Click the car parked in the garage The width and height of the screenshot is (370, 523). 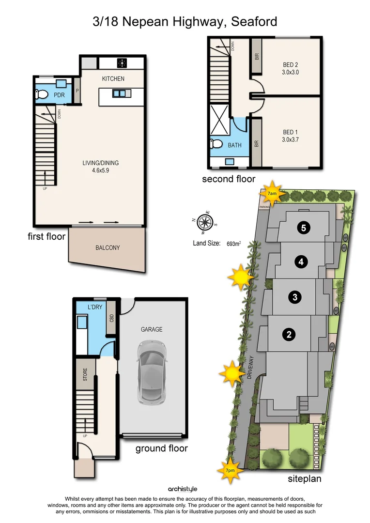click(152, 371)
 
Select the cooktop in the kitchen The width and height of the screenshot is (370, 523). click(122, 63)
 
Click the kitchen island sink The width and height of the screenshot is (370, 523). click(119, 93)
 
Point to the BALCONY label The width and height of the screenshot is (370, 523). click(108, 247)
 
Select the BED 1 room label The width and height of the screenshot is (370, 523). click(291, 132)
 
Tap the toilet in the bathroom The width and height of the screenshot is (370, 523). click(216, 144)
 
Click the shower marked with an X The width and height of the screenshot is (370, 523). click(220, 120)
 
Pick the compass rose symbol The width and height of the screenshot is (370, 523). click(205, 222)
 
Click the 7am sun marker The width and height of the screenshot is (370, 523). click(273, 193)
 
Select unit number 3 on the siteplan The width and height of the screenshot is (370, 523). click(295, 297)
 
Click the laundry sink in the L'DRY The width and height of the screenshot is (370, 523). click(82, 323)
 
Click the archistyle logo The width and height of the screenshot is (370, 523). click(183, 489)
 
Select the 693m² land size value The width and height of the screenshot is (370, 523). click(233, 244)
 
